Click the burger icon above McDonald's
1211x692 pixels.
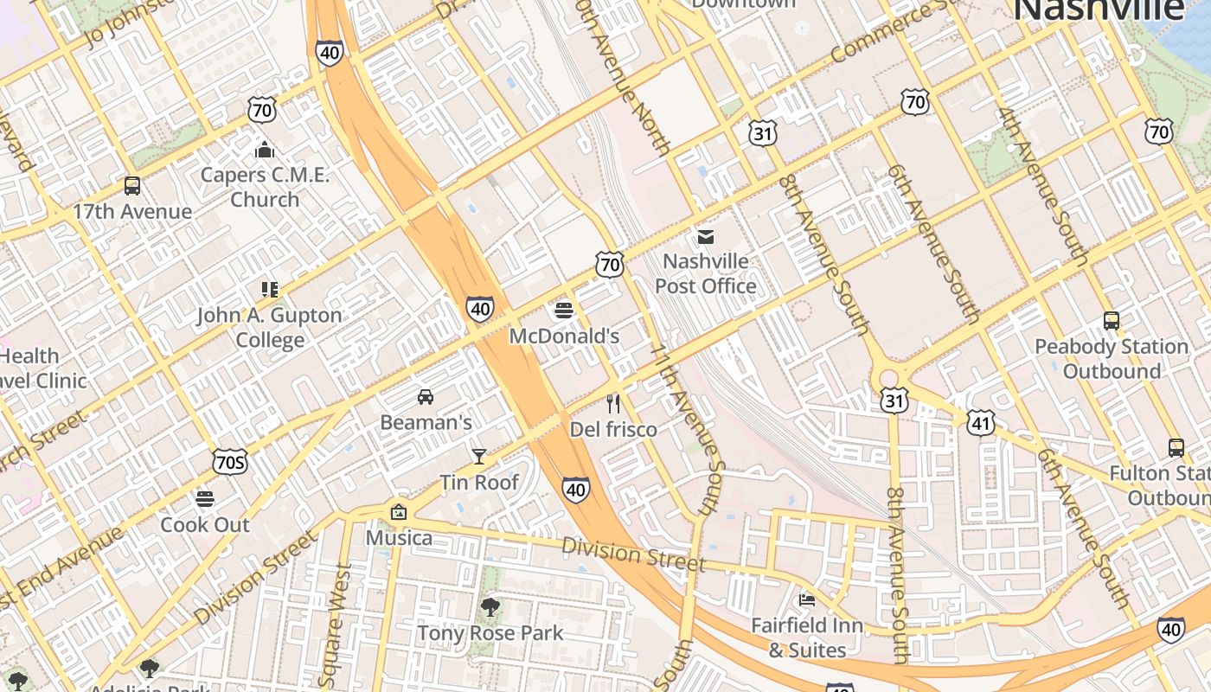point(564,310)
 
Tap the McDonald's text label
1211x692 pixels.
point(564,336)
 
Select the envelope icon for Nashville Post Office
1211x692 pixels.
point(706,236)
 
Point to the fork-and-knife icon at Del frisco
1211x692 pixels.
point(613,404)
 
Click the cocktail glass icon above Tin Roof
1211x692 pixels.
point(478,456)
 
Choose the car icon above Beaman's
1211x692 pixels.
point(426,397)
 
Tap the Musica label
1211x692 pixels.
point(399,538)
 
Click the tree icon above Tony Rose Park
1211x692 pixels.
point(490,607)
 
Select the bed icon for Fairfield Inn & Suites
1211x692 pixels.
point(807,599)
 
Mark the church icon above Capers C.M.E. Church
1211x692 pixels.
point(265,150)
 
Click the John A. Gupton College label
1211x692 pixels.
point(270,327)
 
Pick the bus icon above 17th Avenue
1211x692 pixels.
point(132,186)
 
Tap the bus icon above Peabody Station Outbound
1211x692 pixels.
point(1112,321)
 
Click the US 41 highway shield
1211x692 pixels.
point(981,423)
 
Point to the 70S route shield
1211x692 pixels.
point(230,463)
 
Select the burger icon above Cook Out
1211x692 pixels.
point(205,499)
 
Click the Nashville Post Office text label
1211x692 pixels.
point(706,273)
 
